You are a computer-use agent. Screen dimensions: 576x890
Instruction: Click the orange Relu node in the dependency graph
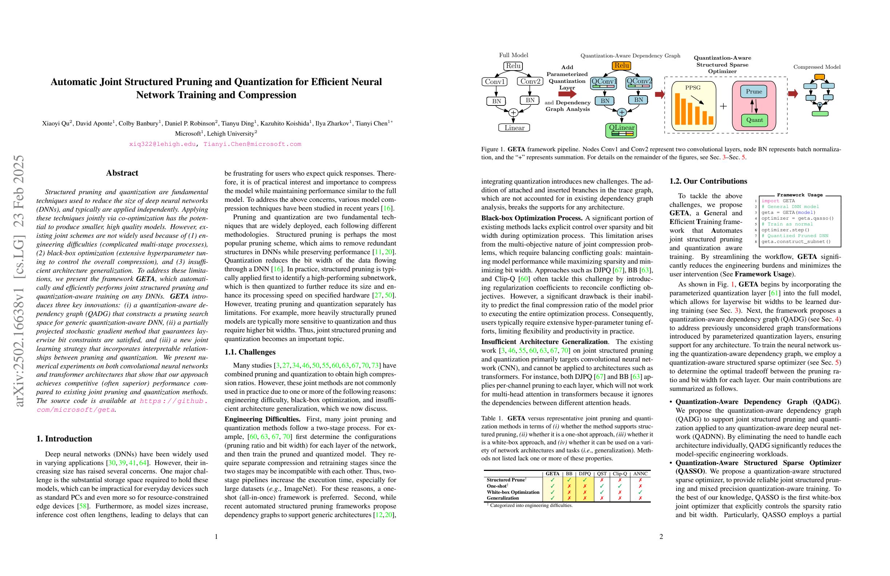(x=621, y=65)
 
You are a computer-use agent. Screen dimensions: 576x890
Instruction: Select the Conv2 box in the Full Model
(x=530, y=81)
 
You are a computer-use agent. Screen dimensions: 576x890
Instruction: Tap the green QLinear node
(x=621, y=130)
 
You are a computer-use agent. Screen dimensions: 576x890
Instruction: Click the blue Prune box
(x=754, y=92)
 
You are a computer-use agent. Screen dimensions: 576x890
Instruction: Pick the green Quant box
(x=754, y=120)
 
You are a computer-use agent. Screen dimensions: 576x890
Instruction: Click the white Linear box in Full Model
(x=514, y=128)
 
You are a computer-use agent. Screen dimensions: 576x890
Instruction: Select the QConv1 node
(x=604, y=83)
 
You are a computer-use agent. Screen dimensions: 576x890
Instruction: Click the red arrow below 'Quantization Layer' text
(x=567, y=94)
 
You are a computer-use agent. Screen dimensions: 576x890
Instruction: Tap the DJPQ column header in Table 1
(x=585, y=473)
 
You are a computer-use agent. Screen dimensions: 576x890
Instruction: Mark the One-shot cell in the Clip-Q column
(x=620, y=486)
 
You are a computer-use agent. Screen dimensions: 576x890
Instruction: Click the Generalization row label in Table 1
(x=502, y=498)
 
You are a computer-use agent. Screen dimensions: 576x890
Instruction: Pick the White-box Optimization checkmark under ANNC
(x=640, y=492)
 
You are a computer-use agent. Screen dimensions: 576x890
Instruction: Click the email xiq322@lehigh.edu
(x=162, y=144)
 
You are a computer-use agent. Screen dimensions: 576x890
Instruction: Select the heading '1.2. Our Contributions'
(x=708, y=181)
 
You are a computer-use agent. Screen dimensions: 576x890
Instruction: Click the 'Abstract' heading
(x=122, y=173)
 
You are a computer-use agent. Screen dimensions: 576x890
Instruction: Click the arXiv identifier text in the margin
(x=19, y=280)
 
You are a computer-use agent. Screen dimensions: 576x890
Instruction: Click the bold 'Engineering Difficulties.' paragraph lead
(x=262, y=419)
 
